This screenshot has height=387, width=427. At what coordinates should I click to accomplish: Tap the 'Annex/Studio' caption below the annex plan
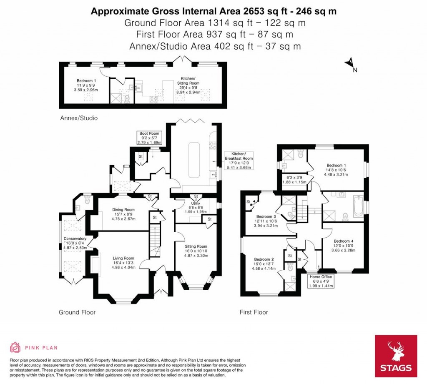pyautogui.click(x=78, y=118)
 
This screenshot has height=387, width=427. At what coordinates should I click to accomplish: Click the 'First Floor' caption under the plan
pyautogui.click(x=254, y=312)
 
